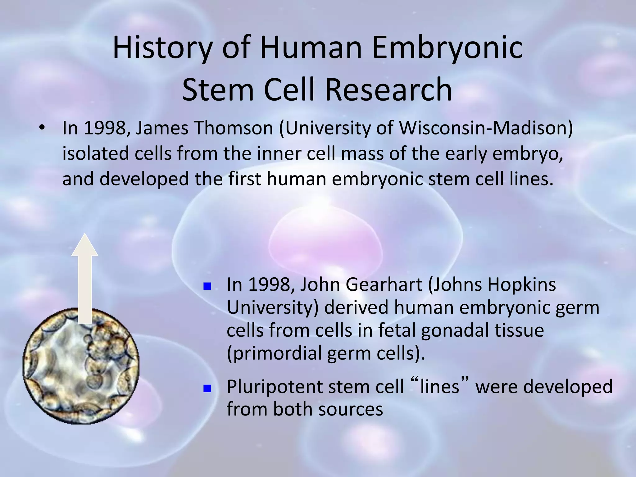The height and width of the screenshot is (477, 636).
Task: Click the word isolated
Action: pos(95,153)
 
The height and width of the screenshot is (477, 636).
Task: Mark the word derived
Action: pos(357,307)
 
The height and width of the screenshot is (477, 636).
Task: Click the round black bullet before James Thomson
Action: pos(42,128)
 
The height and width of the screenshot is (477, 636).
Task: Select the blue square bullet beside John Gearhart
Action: pos(207,286)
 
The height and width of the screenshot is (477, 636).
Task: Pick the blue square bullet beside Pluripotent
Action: pos(207,388)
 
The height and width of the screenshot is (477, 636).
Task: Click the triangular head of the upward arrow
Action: pos(85,245)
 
